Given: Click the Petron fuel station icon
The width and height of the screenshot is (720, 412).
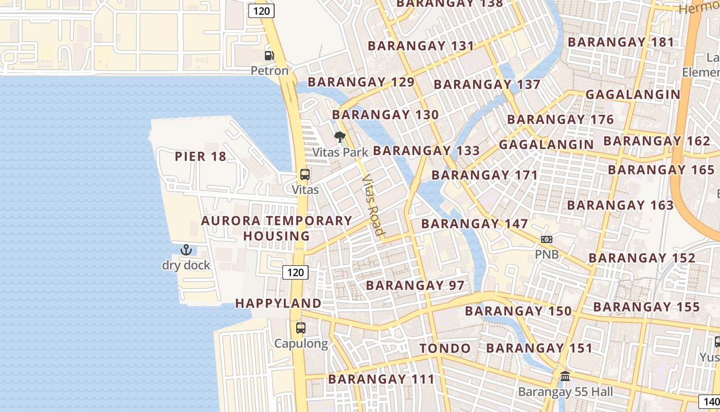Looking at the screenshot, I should click(x=269, y=55).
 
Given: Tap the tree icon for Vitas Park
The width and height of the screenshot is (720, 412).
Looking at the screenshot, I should click(x=339, y=137).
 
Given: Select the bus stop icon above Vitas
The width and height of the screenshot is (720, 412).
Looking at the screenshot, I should click(x=305, y=175).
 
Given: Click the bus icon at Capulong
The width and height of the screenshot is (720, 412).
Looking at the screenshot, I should click(x=301, y=328).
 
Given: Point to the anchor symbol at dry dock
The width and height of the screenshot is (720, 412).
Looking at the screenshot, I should click(x=186, y=250).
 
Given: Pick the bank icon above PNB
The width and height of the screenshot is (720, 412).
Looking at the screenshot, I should click(x=546, y=239).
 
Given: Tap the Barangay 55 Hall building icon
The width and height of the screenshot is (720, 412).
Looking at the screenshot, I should click(x=565, y=376).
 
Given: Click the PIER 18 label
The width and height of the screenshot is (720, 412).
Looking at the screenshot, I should click(x=201, y=157).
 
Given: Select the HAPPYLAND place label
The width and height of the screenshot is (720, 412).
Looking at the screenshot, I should click(x=278, y=303).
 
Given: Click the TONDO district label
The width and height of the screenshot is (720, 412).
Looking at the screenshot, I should click(x=445, y=349).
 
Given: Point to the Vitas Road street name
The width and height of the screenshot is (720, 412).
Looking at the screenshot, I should click(x=374, y=205).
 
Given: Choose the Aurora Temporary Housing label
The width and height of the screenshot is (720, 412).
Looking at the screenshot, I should click(x=277, y=228).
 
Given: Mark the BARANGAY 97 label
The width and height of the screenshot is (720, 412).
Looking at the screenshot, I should click(x=415, y=285).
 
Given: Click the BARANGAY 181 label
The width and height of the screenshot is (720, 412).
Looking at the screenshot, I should click(x=621, y=42).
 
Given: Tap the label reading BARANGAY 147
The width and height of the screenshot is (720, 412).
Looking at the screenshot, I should click(x=474, y=224).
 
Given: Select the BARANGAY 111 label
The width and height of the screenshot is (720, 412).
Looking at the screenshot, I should click(x=381, y=380).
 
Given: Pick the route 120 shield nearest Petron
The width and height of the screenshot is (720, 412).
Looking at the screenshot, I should click(x=262, y=10).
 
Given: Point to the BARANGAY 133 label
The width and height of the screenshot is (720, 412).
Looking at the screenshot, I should click(x=426, y=151).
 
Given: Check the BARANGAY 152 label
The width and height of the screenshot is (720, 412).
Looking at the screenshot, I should click(x=642, y=258).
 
